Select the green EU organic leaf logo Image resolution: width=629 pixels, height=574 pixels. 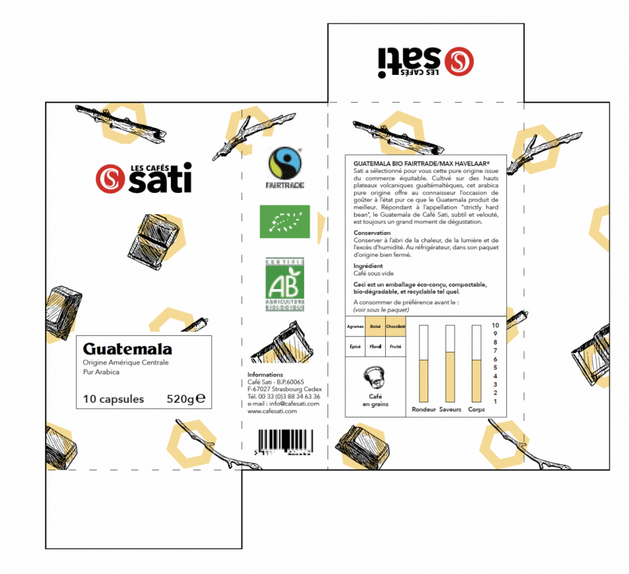click(285, 222)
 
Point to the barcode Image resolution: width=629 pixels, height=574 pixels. click(284, 441)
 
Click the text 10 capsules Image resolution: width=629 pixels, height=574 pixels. click(114, 400)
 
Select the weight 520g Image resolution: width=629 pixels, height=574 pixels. click(184, 400)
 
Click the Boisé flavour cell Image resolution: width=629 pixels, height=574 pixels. click(375, 326)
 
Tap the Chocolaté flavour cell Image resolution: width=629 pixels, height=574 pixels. click(395, 326)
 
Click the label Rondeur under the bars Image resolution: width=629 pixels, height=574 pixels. click(423, 408)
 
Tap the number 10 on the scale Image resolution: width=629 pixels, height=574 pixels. click(494, 326)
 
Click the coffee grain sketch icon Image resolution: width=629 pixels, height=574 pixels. click(374, 375)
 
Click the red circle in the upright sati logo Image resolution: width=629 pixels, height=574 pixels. click(109, 179)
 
